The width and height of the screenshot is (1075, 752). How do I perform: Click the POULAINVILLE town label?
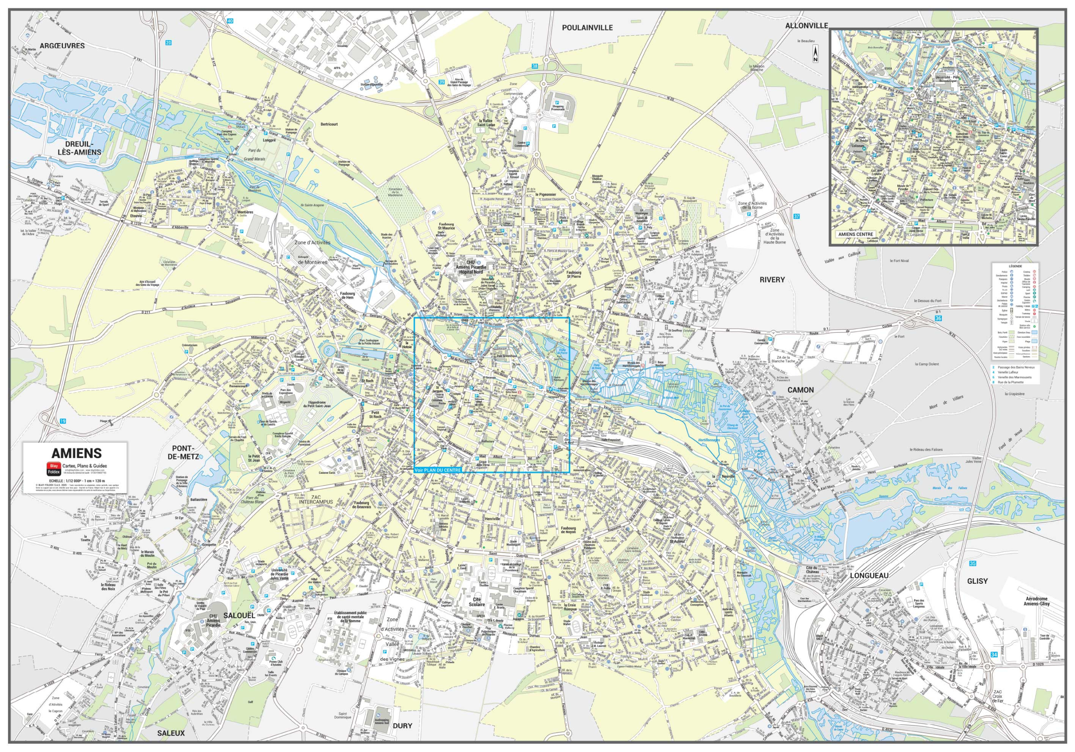click(x=587, y=28)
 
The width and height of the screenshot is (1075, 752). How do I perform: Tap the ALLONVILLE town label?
click(x=806, y=26)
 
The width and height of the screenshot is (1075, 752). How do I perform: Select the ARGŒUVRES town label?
click(x=62, y=46)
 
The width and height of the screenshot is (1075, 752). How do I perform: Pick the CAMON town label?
click(x=800, y=390)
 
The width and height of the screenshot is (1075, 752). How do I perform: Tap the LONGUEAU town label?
click(x=869, y=576)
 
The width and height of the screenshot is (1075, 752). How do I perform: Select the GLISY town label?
click(x=977, y=581)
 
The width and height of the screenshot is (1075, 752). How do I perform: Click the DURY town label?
click(x=402, y=726)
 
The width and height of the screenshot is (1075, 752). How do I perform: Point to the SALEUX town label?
click(x=170, y=733)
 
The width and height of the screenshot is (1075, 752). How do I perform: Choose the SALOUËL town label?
click(x=239, y=615)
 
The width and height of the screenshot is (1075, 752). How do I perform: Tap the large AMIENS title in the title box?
click(x=76, y=453)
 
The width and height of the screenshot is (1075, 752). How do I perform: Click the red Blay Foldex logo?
click(x=53, y=469)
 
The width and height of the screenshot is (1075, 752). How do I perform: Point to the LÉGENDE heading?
click(x=1015, y=266)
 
